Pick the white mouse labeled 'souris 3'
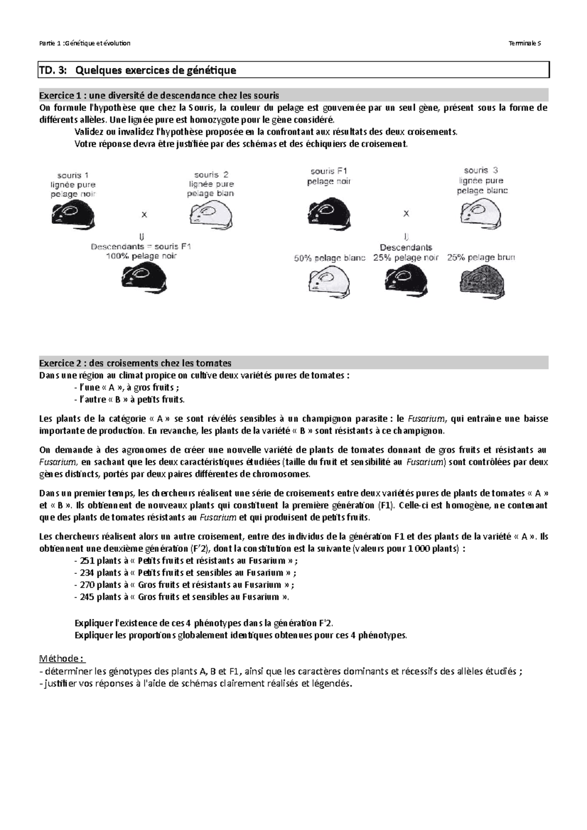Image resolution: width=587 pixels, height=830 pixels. pos(481,213)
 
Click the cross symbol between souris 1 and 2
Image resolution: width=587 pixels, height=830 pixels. pos(144,214)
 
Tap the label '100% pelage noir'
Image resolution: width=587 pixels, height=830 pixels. pos(141,256)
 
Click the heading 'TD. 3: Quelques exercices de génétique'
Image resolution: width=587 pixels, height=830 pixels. pos(137,70)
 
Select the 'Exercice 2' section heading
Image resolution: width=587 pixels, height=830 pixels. pos(135,363)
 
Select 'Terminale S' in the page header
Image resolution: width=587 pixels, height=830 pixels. pos(525,43)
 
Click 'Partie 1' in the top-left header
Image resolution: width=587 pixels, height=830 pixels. pos(50,43)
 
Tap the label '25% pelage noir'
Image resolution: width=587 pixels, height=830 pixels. pos(406,258)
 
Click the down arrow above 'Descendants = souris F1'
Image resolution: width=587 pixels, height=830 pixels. pos(142,237)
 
